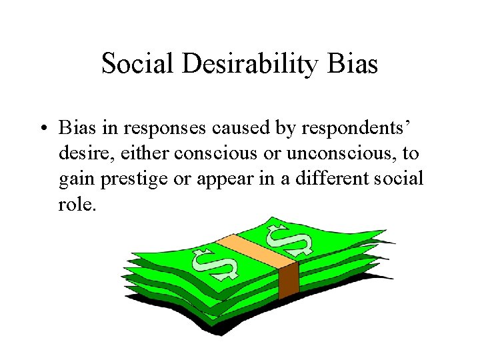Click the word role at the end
(x=76, y=205)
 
